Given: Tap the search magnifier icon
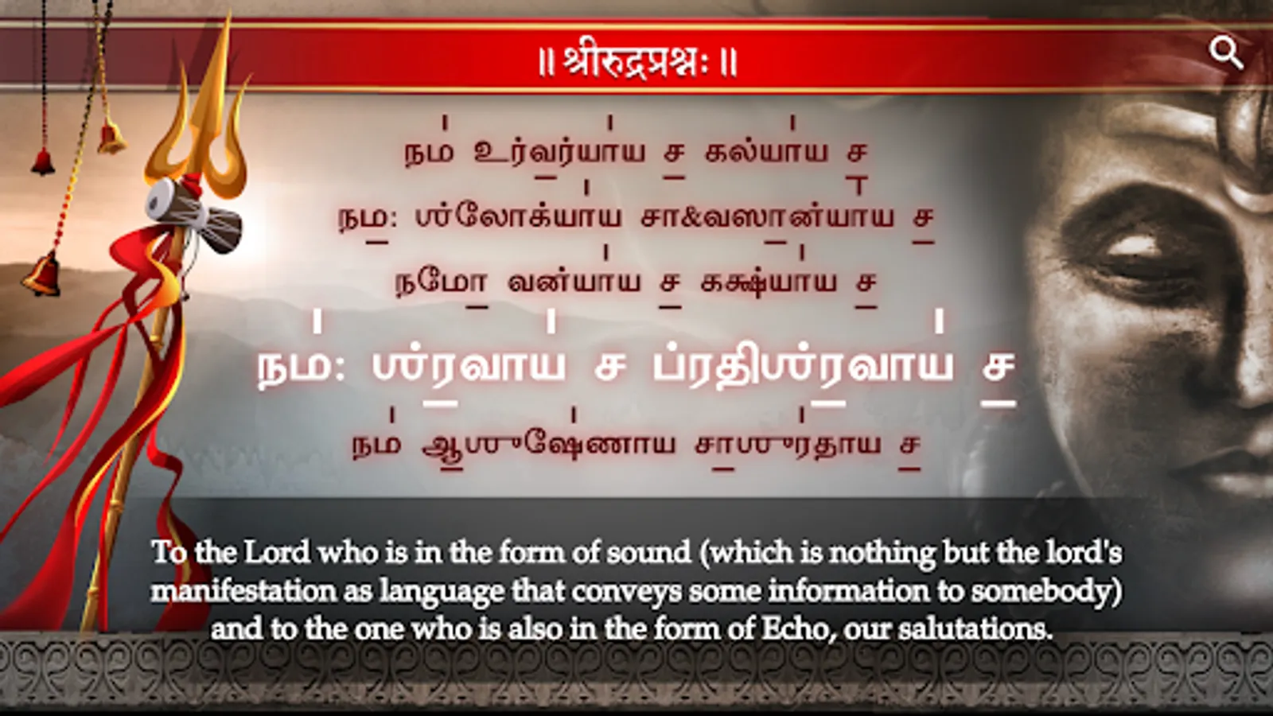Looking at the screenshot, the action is click(x=1226, y=53).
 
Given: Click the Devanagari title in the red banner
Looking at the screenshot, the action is click(x=637, y=60).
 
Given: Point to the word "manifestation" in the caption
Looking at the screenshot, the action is click(x=243, y=591).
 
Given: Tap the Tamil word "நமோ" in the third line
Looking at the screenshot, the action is click(x=442, y=283).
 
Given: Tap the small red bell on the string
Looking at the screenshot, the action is click(x=43, y=161).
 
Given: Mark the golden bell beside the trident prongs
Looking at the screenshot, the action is click(x=111, y=138).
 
